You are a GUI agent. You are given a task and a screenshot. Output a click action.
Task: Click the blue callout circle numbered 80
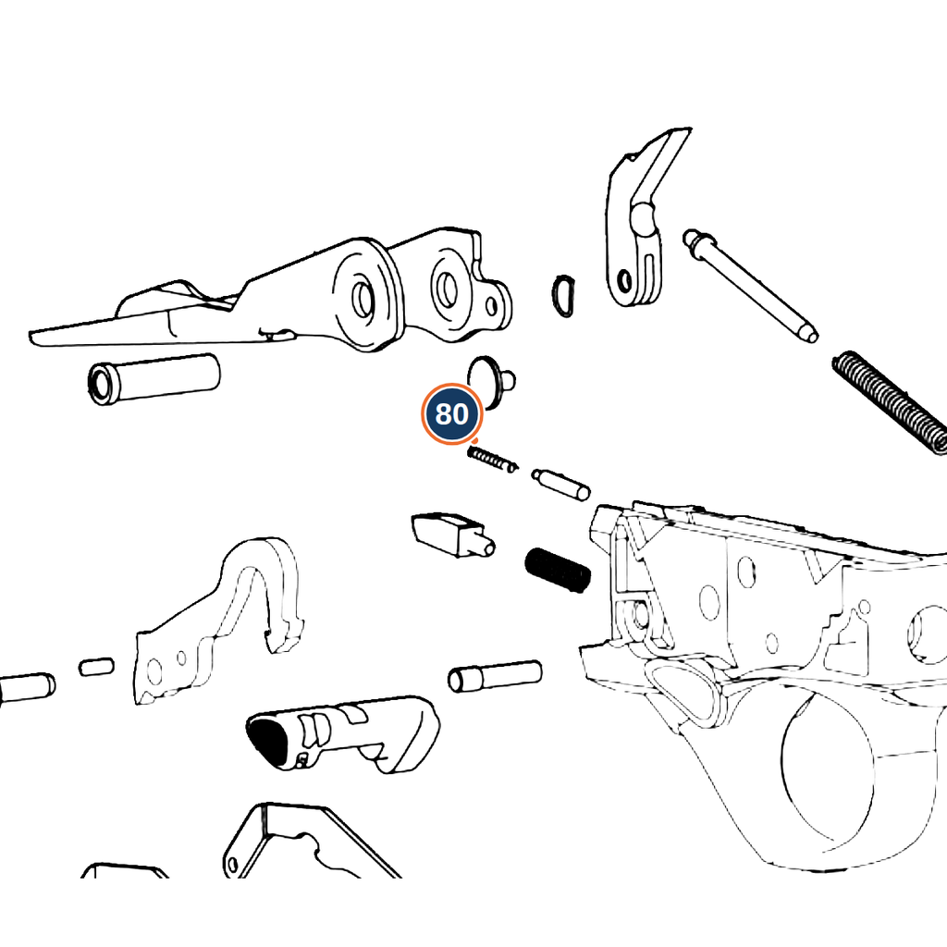[451, 414]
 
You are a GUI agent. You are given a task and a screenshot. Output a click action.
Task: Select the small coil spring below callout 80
[492, 459]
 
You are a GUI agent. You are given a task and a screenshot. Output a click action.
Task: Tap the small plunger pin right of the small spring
[561, 484]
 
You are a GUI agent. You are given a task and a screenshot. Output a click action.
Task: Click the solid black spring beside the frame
[558, 570]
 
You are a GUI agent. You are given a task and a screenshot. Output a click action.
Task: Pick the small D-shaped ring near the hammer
[564, 296]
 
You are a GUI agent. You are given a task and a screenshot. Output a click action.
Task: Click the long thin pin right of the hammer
[750, 285]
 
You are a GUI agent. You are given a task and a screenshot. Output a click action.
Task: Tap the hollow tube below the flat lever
[154, 379]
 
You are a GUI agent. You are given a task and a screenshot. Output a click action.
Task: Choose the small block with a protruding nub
[452, 535]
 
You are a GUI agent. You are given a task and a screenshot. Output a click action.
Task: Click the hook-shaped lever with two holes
[218, 622]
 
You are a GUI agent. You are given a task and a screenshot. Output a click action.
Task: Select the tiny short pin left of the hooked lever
[96, 667]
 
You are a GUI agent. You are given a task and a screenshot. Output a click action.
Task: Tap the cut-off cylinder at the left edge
[27, 688]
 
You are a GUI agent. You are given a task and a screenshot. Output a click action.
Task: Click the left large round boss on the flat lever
[364, 296]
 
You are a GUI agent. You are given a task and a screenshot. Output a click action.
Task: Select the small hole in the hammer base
[625, 280]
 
